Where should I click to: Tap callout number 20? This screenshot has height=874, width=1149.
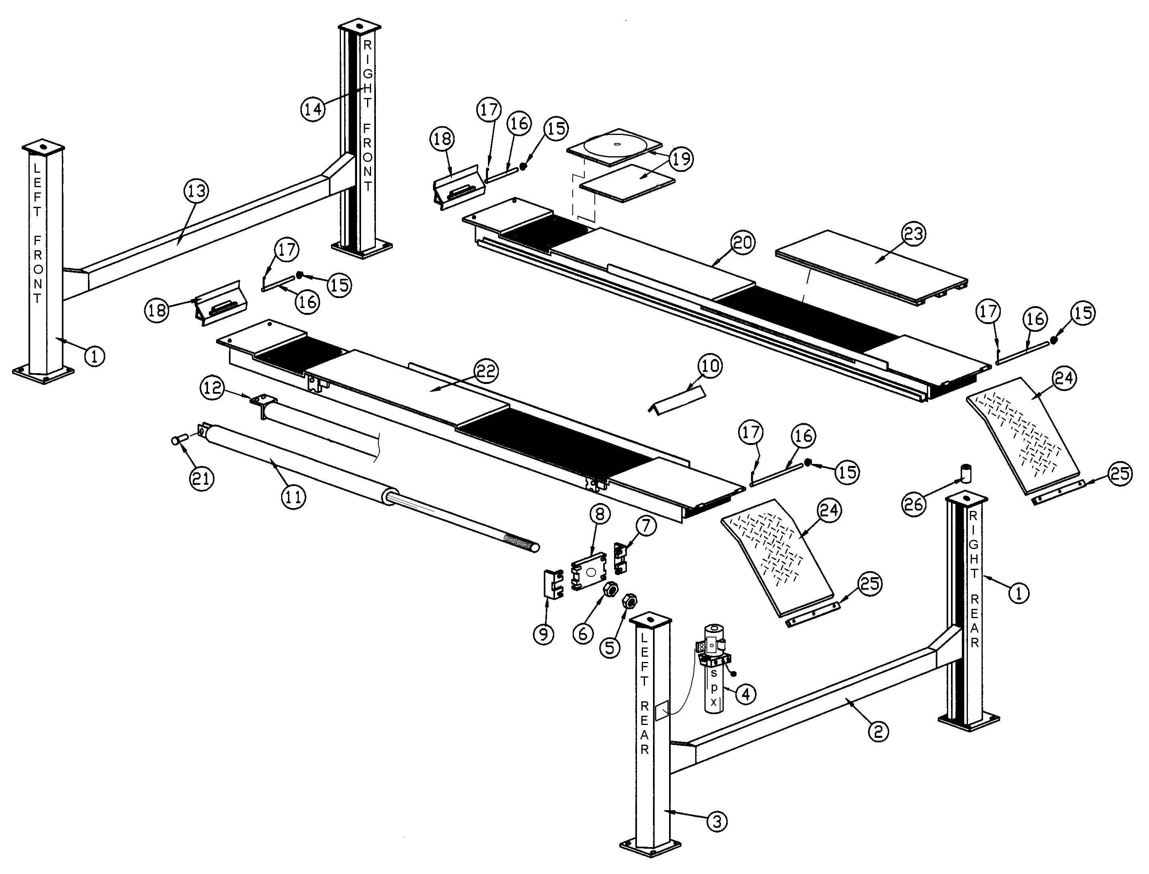pos(743,243)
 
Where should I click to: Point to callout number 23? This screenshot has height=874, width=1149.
pos(914,234)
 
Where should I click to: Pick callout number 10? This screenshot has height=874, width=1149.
pos(710,366)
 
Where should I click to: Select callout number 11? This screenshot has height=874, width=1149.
pos(293,497)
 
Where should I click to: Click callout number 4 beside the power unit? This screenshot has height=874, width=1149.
pos(745,694)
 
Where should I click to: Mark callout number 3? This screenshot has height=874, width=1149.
pos(717,822)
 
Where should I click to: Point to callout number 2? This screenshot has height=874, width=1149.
pos(878,731)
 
